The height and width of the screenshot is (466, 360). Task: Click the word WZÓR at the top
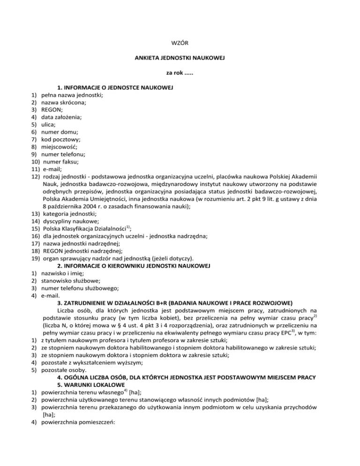point(180,44)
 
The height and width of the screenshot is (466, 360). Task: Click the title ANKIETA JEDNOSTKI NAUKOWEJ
point(180,59)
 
